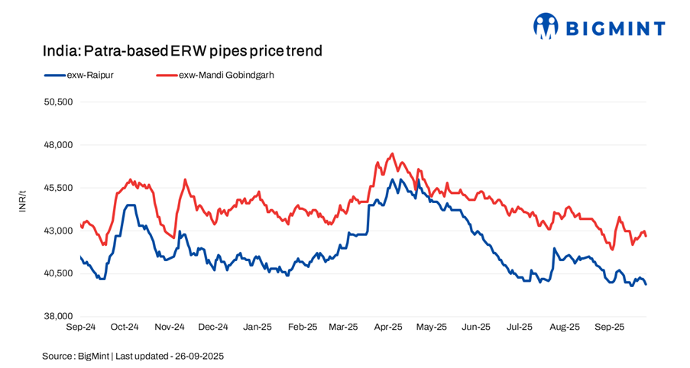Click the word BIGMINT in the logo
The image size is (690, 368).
tap(615, 28)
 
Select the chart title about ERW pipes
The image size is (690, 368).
tap(182, 51)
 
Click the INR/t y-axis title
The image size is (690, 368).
tap(22, 201)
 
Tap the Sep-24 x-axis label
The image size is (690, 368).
tap(80, 327)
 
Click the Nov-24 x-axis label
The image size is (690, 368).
tap(169, 327)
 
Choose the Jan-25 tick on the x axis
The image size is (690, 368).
tap(257, 327)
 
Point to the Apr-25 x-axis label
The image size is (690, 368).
tap(387, 327)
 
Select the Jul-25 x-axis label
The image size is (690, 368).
tap(520, 327)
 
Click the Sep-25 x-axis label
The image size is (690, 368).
tap(609, 327)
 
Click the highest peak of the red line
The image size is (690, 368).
tap(392, 153)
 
